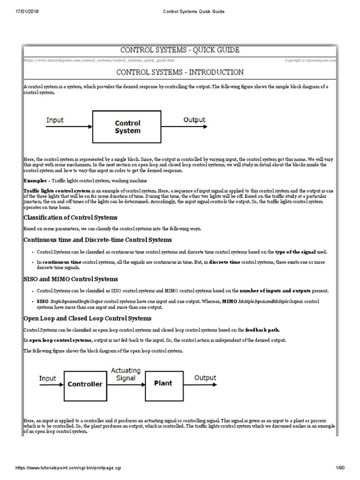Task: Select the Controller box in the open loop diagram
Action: coord(85,384)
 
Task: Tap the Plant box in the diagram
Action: coord(163,383)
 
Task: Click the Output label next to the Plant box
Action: coord(205,377)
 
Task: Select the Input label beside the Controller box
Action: coord(48,378)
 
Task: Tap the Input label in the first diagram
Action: coord(55,120)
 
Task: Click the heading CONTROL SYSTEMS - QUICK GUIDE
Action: coord(180,50)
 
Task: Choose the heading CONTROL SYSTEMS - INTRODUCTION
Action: coord(180,72)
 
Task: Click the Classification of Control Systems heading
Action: coord(70,218)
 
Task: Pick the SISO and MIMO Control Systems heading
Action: coord(64,279)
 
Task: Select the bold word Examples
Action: coord(36,180)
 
